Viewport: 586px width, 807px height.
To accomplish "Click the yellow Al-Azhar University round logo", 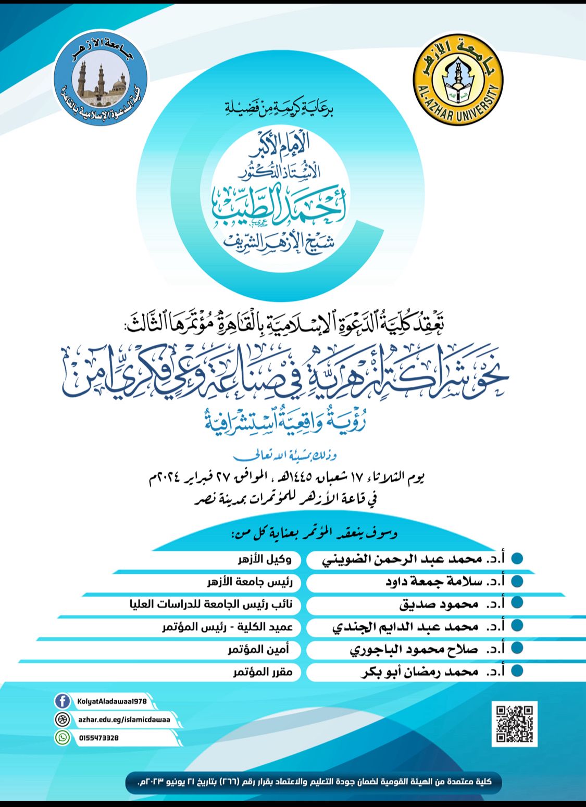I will click(458, 80).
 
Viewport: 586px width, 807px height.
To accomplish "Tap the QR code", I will click(514, 723).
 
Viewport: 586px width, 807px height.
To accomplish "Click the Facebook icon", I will click(63, 701).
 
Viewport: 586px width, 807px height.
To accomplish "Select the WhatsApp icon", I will click(63, 737).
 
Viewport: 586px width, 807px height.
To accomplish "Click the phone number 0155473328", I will click(99, 738).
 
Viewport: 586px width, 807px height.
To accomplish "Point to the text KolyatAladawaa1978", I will click(111, 701).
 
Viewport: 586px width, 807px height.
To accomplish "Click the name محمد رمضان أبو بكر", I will click(419, 672).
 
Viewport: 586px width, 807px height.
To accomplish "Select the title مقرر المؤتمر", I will click(263, 672).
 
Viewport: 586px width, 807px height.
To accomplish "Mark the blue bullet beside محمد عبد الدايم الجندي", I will click(517, 625).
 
